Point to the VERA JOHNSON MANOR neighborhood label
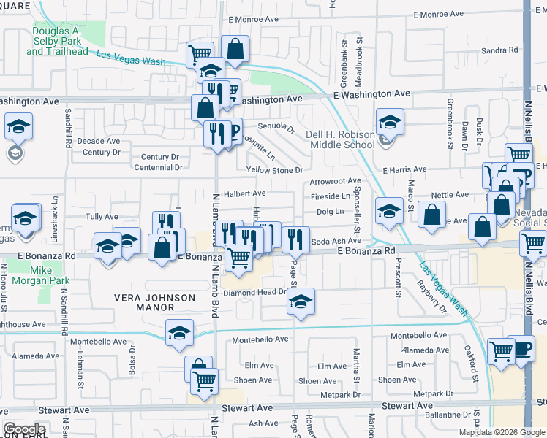tap(154, 303)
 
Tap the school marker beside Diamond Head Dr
tap(301, 301)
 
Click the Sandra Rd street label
tap(499, 50)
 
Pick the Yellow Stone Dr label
tap(274, 170)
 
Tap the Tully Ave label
tap(102, 217)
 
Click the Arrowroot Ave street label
tap(336, 180)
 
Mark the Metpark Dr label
tap(341, 394)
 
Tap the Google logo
tap(24, 429)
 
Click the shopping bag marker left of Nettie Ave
tap(432, 214)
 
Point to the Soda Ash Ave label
tap(336, 241)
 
